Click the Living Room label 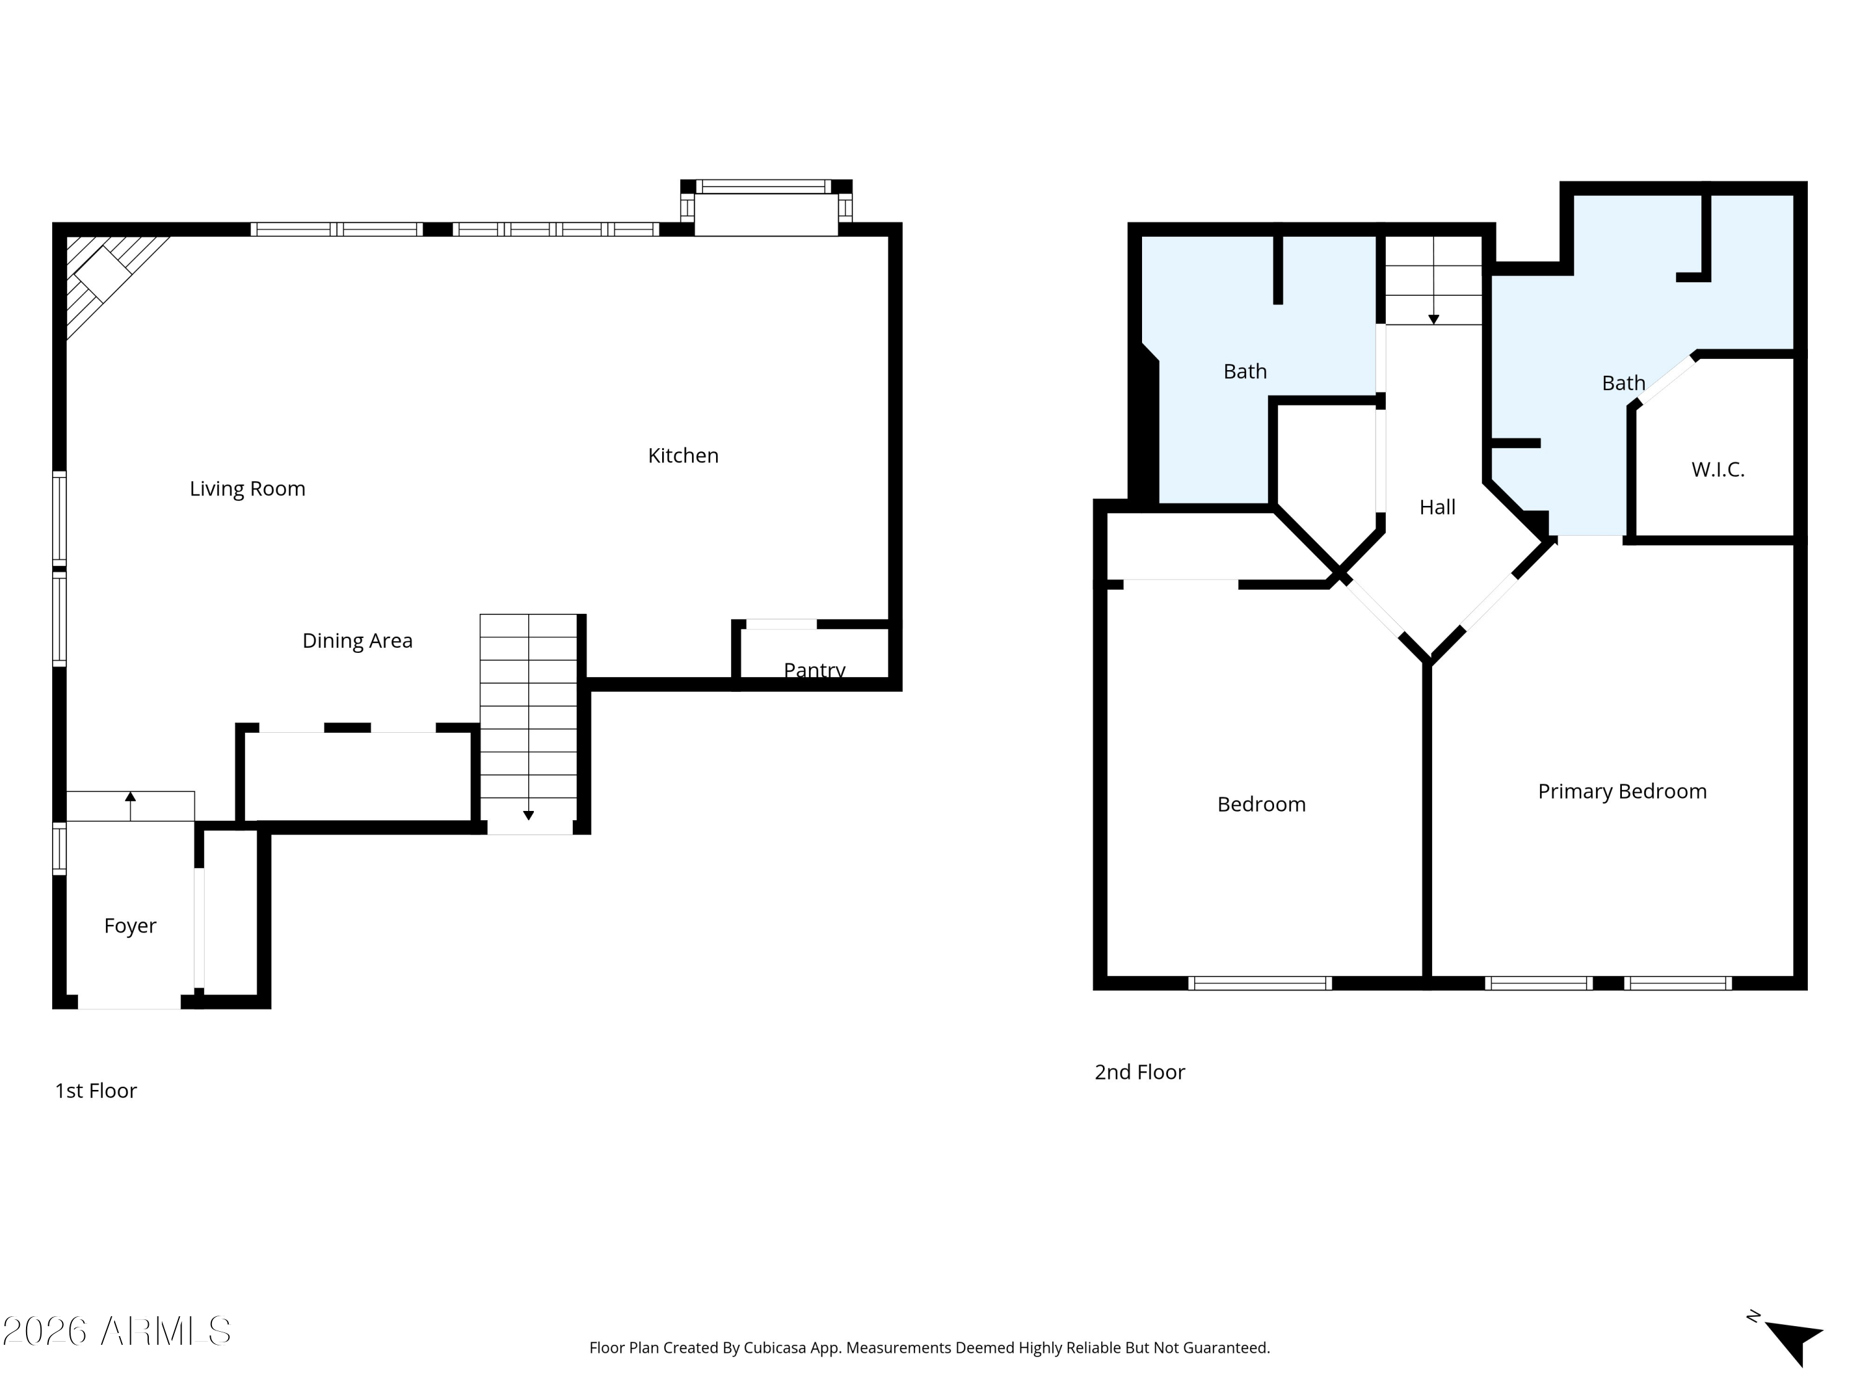point(247,489)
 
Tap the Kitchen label point(683,456)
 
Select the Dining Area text point(357,640)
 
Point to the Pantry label point(814,670)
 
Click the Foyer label point(130,926)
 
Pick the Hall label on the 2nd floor point(1437,507)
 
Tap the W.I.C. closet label point(1718,470)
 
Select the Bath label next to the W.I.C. point(1623,383)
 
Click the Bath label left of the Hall point(1244,371)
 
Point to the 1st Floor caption point(96,1091)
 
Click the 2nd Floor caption point(1140,1072)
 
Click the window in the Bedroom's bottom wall point(1260,983)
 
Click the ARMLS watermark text point(117,1331)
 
